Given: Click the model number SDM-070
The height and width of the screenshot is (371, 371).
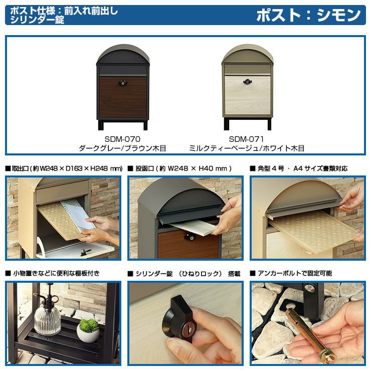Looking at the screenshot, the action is pos(122,139).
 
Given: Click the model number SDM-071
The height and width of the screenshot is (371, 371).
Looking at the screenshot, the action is pos(246,139).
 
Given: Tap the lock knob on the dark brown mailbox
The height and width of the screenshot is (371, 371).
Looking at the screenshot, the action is pos(122,83).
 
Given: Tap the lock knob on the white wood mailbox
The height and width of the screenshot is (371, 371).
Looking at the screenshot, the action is pos(247,82).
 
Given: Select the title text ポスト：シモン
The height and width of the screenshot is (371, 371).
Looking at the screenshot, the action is pos(308,15).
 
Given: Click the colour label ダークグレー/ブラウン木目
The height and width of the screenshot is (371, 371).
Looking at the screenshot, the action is pos(122,148).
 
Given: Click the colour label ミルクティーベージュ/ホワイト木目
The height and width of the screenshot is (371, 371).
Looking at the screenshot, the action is pos(247,148).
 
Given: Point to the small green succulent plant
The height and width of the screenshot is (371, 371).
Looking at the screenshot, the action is pos(89,325).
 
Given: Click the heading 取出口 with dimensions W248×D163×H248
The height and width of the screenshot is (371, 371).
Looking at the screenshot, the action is pos(64,168).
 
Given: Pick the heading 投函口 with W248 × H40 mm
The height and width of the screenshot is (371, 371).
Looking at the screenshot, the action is pos(179,168).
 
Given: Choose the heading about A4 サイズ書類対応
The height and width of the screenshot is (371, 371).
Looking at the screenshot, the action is pos(299,168).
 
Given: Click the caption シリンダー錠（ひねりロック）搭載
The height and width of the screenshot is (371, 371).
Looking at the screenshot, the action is pos(184,274).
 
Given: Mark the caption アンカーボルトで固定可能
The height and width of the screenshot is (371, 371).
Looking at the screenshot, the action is pos(291,273).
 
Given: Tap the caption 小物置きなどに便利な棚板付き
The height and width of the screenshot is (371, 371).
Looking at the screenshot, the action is pos(52,273).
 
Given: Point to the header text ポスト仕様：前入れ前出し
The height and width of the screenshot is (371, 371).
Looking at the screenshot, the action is pos(64,11).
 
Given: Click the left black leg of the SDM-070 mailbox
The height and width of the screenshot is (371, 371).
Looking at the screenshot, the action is pos(101,125).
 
